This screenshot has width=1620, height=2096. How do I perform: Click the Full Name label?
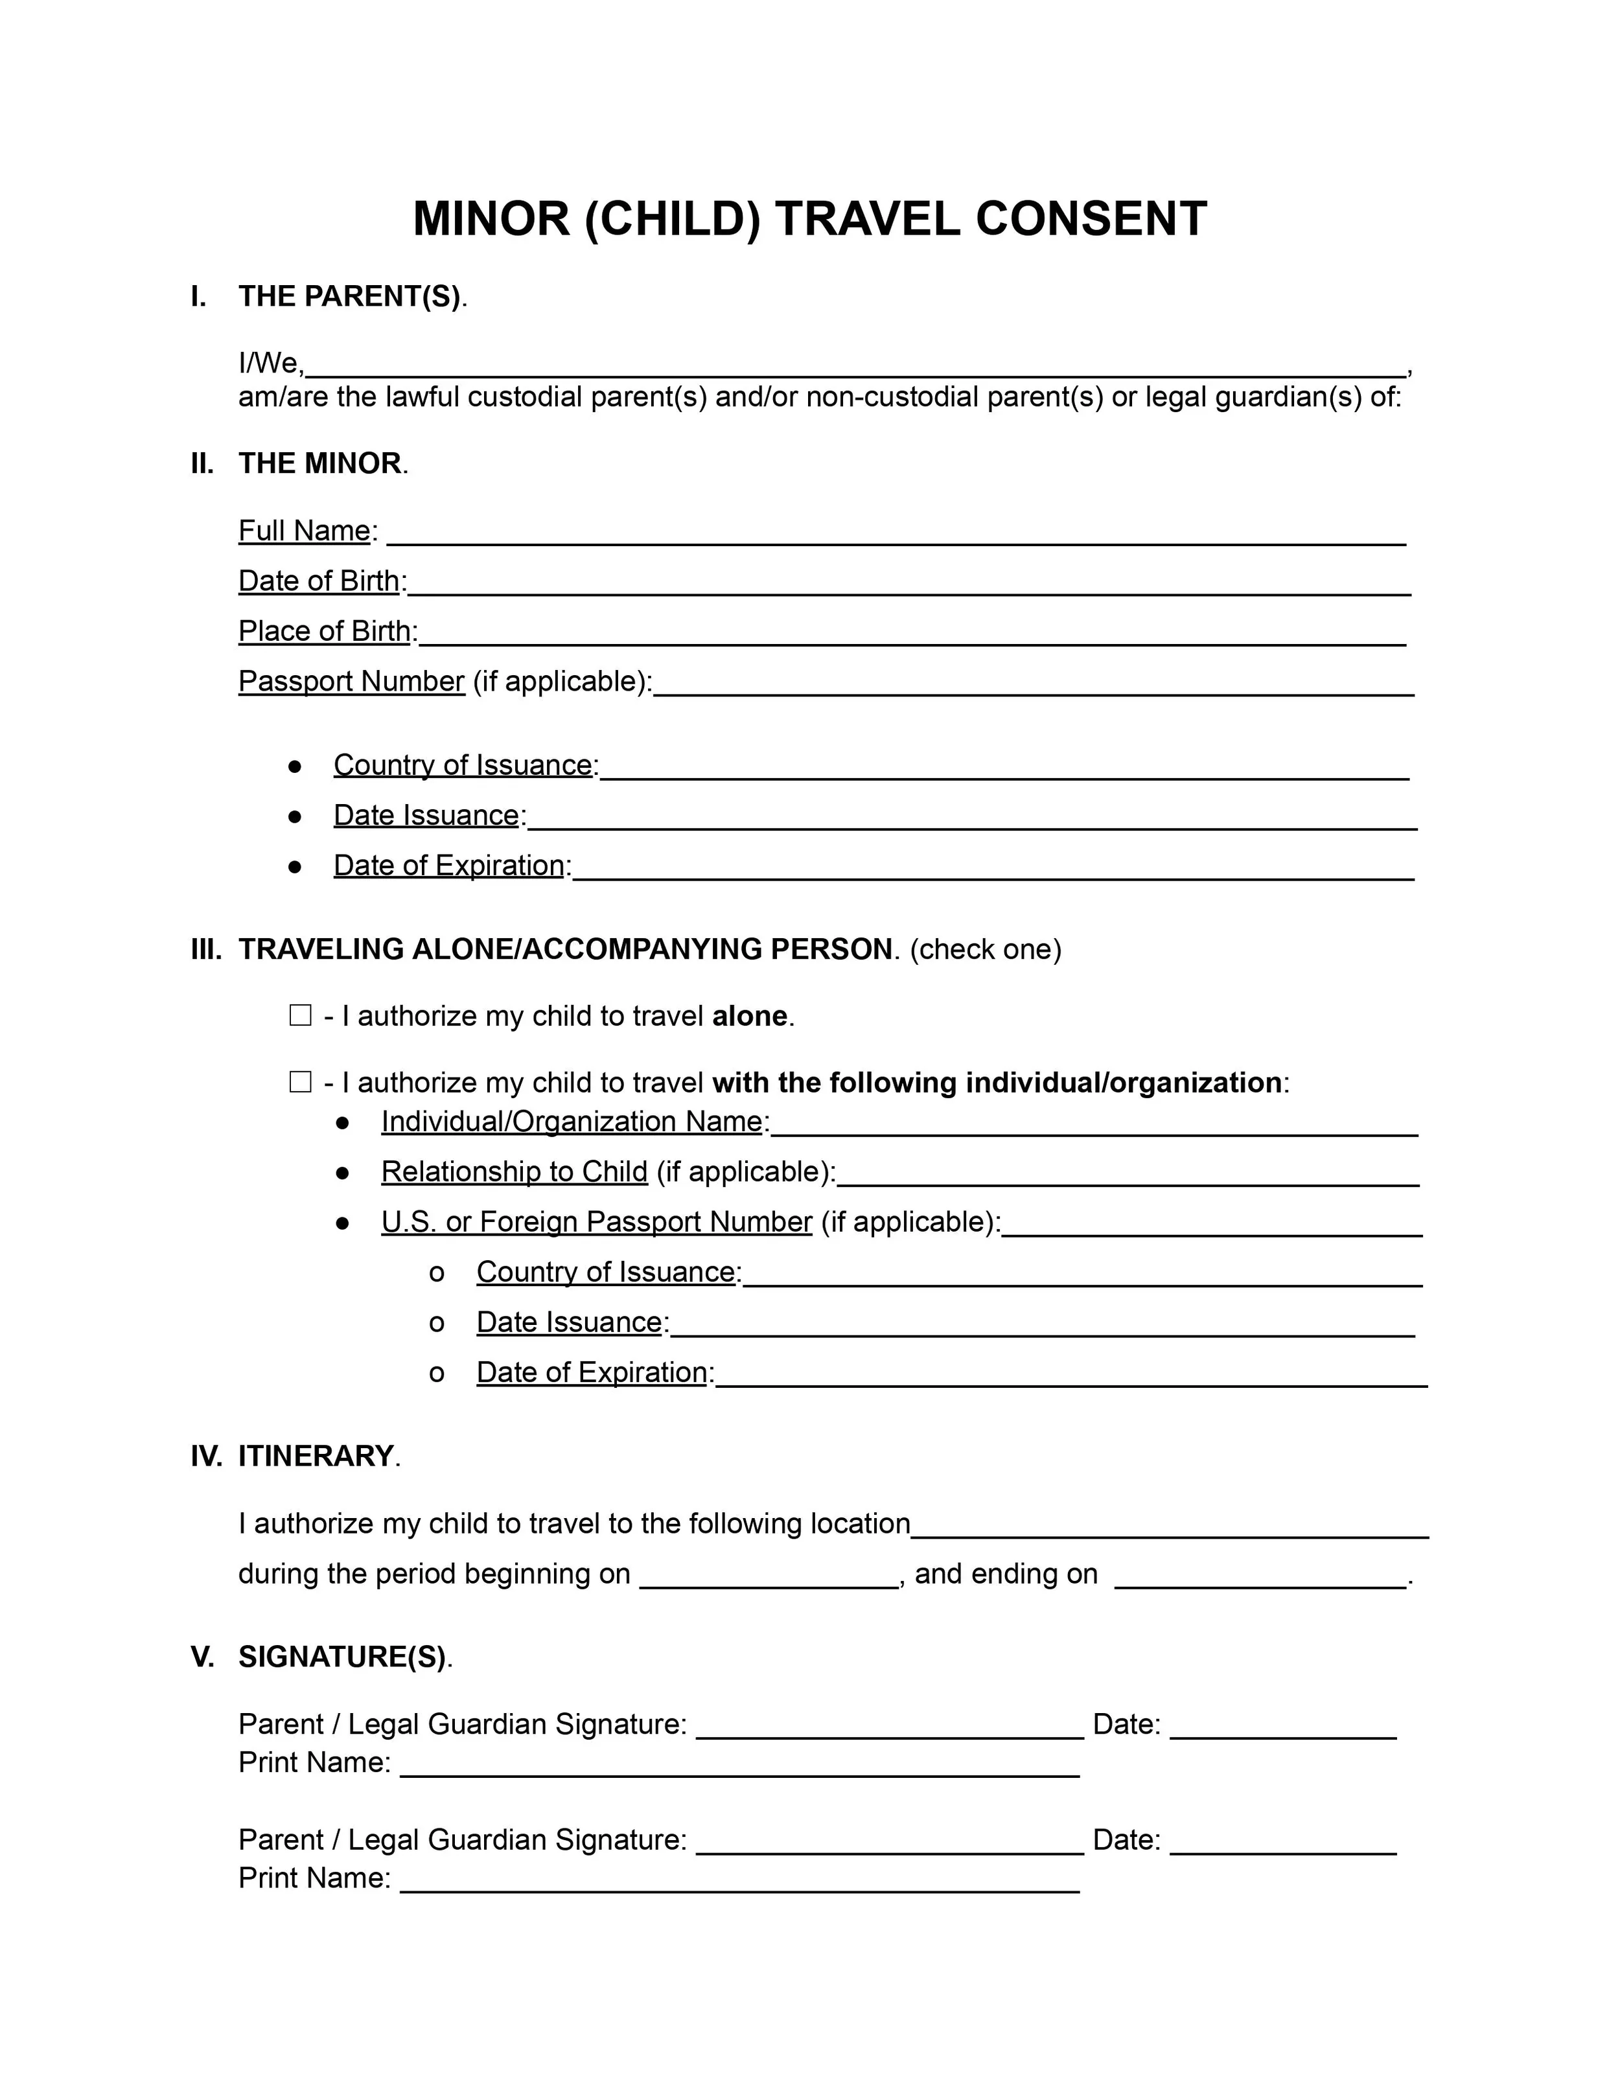click(x=304, y=531)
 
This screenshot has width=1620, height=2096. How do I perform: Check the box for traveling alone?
click(x=301, y=1015)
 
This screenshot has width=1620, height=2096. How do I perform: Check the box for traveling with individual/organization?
click(x=301, y=1083)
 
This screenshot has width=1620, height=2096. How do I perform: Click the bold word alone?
click(x=748, y=1017)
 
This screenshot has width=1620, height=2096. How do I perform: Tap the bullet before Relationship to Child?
click(x=343, y=1172)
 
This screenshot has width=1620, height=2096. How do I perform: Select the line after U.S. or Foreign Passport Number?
click(x=1211, y=1228)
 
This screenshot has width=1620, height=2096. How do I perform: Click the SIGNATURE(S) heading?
click(x=341, y=1657)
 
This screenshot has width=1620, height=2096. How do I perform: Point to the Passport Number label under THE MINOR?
click(x=351, y=682)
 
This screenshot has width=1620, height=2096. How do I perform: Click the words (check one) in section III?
click(x=985, y=949)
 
